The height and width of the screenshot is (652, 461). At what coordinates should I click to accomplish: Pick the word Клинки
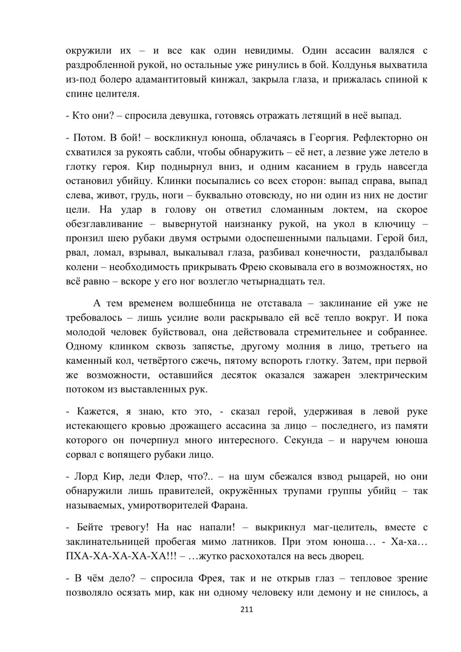[x=182, y=181]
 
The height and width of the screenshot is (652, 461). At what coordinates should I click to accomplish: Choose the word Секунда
[x=303, y=440]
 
